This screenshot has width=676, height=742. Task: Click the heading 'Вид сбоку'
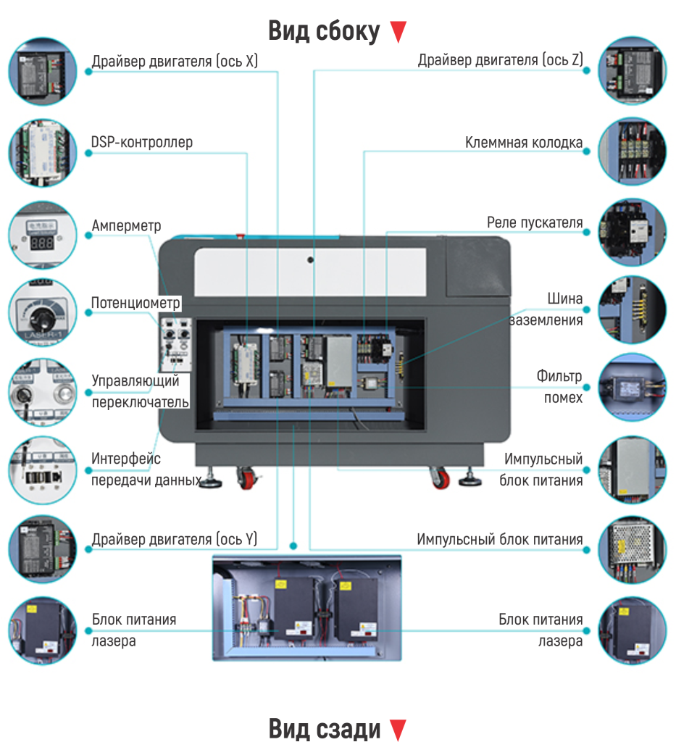coord(323,32)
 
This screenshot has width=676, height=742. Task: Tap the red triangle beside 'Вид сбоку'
coord(398,32)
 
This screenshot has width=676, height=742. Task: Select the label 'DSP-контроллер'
coord(142,142)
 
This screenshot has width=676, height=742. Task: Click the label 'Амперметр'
coord(126,226)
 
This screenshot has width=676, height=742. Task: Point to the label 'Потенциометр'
coord(135,302)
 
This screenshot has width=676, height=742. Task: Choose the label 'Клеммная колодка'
coord(524,143)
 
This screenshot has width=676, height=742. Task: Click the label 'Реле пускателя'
coord(535,222)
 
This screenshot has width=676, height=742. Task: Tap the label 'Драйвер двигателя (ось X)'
coord(175,61)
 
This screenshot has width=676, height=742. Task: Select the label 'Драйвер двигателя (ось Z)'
coord(500,60)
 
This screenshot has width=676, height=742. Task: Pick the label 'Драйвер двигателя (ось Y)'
coord(175,539)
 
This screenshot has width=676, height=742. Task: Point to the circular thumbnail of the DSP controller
coord(42,152)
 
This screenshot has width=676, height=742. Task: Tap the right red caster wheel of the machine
coord(440,478)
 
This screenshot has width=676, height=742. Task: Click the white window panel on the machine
coord(310,272)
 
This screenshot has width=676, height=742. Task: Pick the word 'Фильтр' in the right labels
coord(559,377)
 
